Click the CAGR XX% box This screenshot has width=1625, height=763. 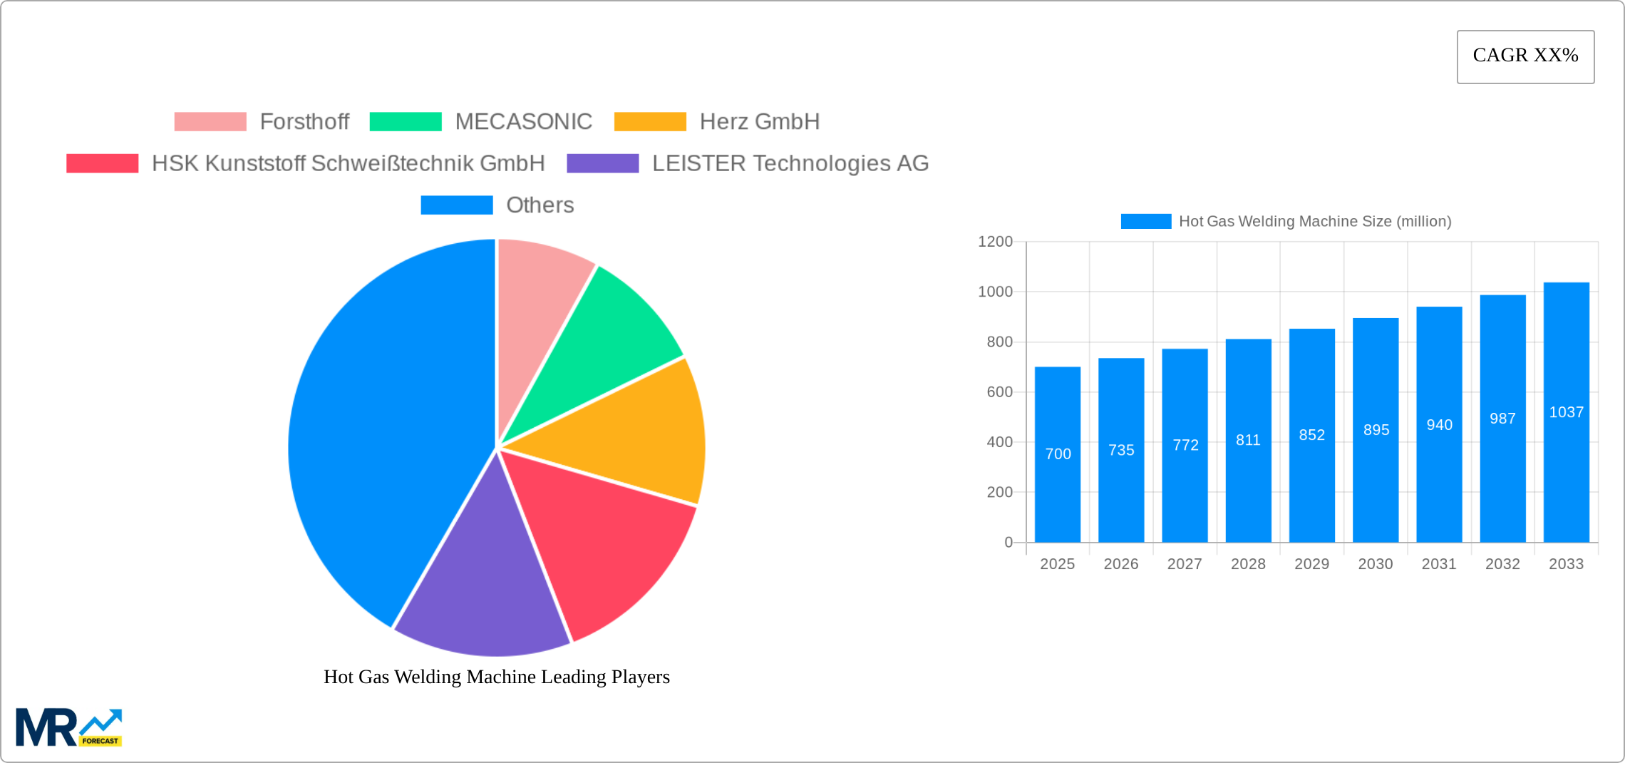coord(1525,56)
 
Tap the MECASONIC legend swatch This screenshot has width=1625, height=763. coord(406,122)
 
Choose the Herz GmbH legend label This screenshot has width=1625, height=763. coord(759,122)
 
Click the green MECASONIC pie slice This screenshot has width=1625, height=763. coord(606,335)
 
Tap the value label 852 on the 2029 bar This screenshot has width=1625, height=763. coord(1311,435)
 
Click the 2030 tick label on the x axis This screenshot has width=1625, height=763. coord(1375,564)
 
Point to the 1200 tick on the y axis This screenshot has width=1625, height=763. coord(995,242)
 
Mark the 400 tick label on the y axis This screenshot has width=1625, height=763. coord(999,442)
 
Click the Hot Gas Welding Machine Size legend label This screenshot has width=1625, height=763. coord(1314,222)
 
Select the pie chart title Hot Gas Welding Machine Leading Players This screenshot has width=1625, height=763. coord(497,677)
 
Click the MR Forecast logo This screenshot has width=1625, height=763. coord(68,727)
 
